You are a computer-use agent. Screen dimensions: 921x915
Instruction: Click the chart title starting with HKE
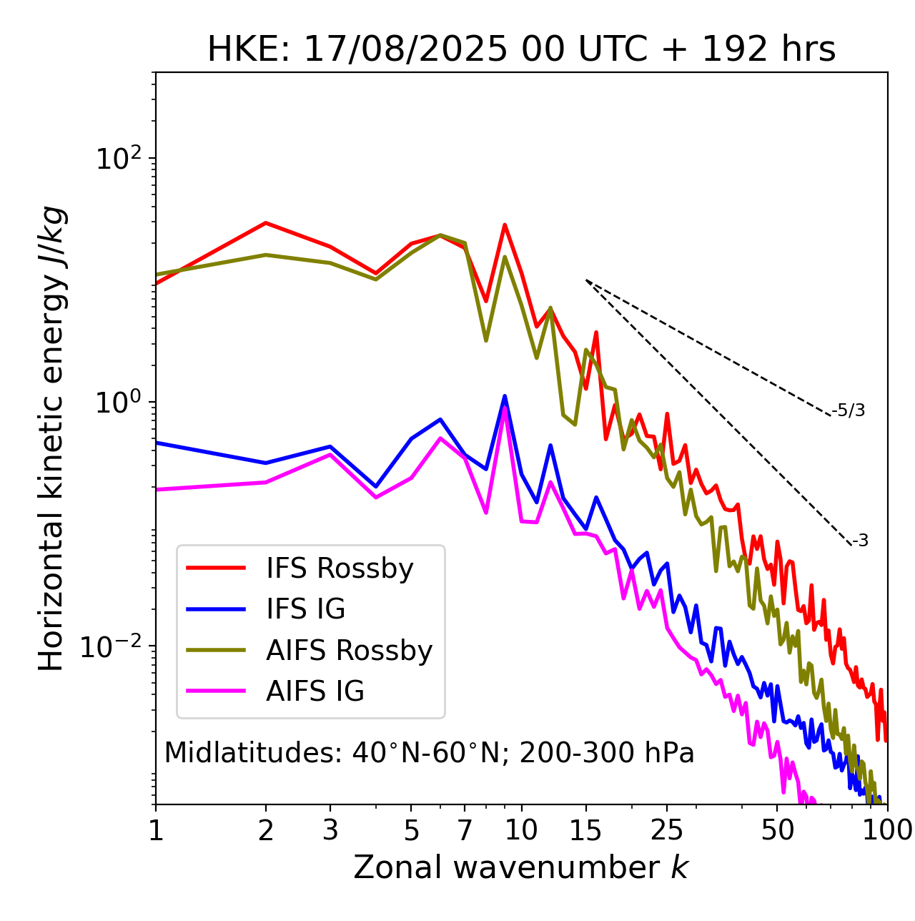(521, 50)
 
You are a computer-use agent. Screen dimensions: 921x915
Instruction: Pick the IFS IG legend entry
(305, 609)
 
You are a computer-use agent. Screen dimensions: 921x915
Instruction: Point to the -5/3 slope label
(849, 411)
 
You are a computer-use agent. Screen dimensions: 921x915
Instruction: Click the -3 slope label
(861, 541)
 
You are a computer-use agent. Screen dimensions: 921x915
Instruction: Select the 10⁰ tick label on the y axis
(119, 402)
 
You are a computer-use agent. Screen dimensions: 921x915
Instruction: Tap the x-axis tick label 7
(465, 830)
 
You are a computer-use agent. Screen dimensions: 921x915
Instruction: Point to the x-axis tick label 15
(585, 830)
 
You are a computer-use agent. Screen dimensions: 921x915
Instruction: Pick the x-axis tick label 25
(667, 830)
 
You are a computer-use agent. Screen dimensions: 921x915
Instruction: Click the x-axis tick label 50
(777, 830)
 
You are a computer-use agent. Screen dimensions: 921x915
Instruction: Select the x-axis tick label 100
(887, 830)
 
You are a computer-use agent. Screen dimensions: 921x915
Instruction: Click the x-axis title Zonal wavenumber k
(521, 867)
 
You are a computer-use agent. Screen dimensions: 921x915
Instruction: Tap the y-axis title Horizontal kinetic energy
(51, 438)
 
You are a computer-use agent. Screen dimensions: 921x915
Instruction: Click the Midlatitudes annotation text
(429, 753)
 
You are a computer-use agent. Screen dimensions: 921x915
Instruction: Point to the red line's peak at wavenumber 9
(505, 225)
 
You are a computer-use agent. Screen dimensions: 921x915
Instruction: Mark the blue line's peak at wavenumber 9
(505, 395)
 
